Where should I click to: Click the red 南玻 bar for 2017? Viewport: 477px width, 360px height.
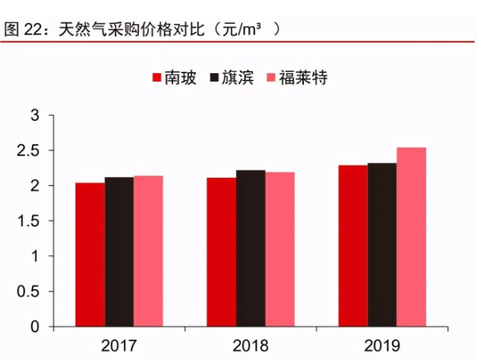point(90,255)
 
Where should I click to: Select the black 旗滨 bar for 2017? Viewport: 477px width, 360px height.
point(119,252)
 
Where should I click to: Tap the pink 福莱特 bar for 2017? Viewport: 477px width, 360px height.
point(148,251)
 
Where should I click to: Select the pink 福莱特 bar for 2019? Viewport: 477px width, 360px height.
point(411,237)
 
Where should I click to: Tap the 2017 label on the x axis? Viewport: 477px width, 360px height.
point(119,346)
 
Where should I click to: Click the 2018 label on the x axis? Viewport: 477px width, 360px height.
point(251,346)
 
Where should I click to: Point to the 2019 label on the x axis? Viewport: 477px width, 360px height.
point(382,346)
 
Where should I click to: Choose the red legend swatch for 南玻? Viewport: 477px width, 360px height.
point(158,78)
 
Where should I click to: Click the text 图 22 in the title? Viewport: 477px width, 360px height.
point(21,30)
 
